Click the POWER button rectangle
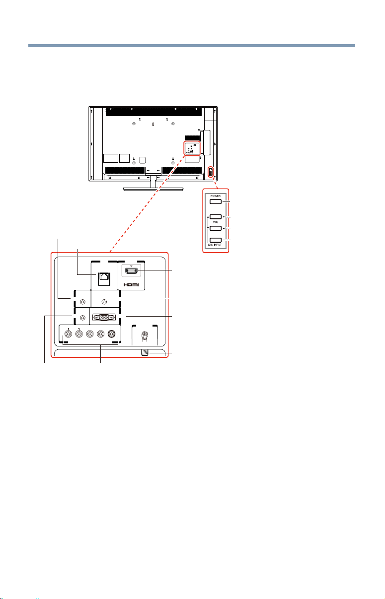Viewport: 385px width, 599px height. tap(216, 201)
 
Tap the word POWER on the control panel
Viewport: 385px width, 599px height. tap(216, 196)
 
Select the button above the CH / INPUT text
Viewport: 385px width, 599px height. tap(216, 240)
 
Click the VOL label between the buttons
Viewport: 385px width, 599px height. tap(216, 222)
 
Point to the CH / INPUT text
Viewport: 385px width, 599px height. tap(215, 245)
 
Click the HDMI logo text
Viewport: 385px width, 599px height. tap(131, 285)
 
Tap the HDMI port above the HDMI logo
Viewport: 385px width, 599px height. tap(131, 271)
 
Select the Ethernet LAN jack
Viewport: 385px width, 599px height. tap(104, 279)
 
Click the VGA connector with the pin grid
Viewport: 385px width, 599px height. tap(104, 318)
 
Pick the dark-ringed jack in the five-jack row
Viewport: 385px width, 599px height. tap(111, 333)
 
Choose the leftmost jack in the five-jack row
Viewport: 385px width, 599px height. tap(69, 333)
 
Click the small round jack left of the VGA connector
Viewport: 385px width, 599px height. tap(83, 318)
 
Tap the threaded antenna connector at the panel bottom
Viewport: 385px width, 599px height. tap(145, 353)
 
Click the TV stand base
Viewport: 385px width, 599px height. tap(153, 189)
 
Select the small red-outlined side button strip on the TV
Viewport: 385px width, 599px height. tap(211, 172)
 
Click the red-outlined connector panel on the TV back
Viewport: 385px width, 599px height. tap(192, 148)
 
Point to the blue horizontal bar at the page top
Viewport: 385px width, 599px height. tap(192, 46)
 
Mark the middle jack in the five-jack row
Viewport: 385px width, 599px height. tap(90, 333)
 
